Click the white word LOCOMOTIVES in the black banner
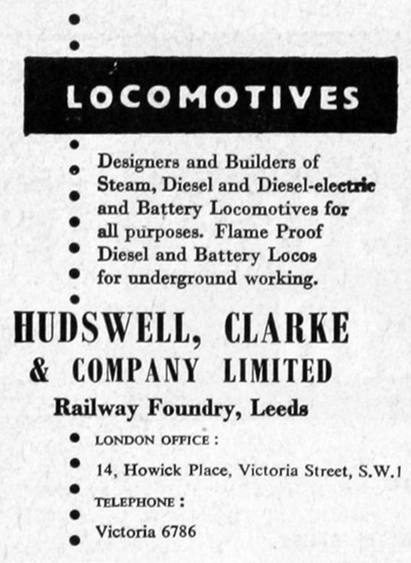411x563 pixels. (x=213, y=97)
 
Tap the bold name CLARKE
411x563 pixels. (x=286, y=328)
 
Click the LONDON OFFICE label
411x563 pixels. (x=152, y=440)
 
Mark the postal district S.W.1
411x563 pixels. (x=379, y=471)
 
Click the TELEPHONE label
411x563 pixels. (x=135, y=502)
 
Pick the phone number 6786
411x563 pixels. (x=179, y=532)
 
